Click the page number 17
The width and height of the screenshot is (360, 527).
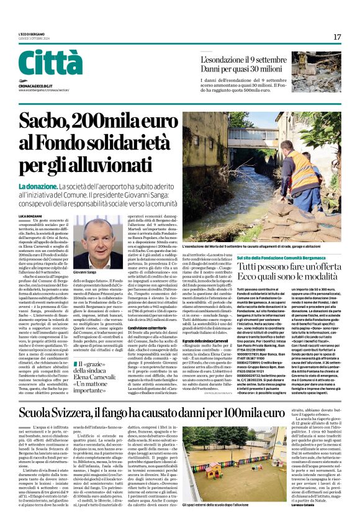[336, 37]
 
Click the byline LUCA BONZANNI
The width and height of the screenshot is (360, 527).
[31, 215]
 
